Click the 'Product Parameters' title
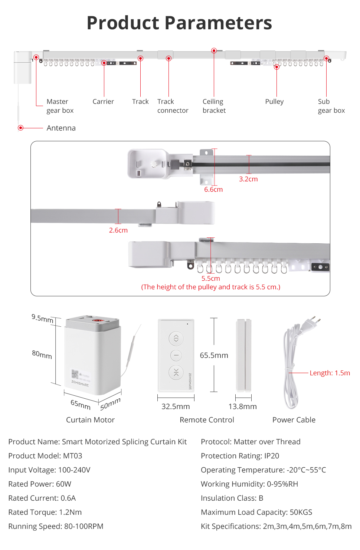tap(179, 23)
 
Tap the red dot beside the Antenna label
tap(21, 128)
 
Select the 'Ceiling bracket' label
tap(214, 106)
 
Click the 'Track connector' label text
tap(173, 106)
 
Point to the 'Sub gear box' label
tap(331, 106)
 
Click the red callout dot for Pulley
tap(277, 67)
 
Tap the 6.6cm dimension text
tap(213, 189)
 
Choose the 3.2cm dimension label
tap(248, 179)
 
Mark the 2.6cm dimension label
tap(118, 230)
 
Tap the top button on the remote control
tap(176, 338)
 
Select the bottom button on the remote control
tap(176, 372)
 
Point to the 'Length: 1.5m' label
tap(330, 373)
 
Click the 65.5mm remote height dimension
tap(214, 355)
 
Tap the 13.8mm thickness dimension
tap(243, 406)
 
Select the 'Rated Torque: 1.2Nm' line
tap(45, 512)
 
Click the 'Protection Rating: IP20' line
tap(240, 455)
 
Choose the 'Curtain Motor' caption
tap(90, 419)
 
